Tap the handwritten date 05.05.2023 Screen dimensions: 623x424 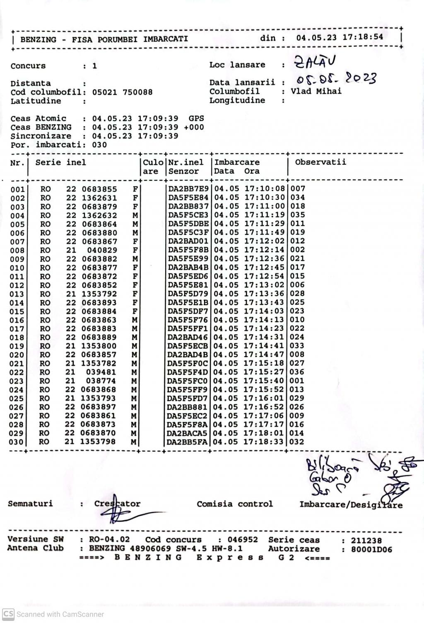click(x=336, y=78)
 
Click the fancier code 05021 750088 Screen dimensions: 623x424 click(x=122, y=92)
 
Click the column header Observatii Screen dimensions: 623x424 click(x=320, y=162)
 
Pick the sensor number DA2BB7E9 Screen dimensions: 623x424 click(x=189, y=189)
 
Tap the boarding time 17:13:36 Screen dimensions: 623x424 click(x=264, y=294)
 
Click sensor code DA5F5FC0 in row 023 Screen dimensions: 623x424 click(x=188, y=381)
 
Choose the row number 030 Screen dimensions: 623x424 click(x=17, y=442)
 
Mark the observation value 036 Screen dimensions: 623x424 click(x=297, y=372)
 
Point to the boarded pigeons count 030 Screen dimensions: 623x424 click(x=99, y=145)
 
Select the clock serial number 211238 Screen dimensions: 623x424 click(x=366, y=540)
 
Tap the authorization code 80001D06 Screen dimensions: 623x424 click(x=371, y=550)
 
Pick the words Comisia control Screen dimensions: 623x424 click(x=235, y=504)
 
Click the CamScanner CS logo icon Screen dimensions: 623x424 click(x=8, y=614)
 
